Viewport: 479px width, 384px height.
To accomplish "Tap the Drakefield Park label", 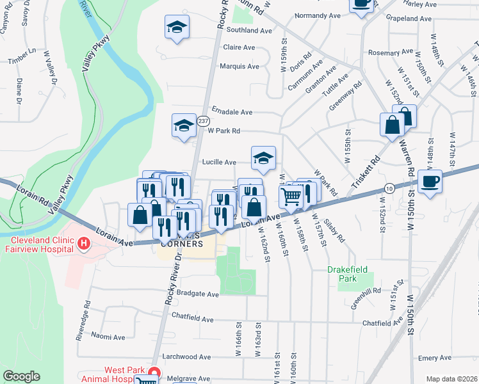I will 348,274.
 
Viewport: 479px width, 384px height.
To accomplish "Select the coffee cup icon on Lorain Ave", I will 430,182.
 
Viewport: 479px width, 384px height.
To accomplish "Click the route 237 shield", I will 203,121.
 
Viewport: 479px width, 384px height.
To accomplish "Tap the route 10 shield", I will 389,187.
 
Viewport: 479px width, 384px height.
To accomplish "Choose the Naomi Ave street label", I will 108,336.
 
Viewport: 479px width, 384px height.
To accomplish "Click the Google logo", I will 21,376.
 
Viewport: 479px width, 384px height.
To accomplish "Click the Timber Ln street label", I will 22,56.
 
